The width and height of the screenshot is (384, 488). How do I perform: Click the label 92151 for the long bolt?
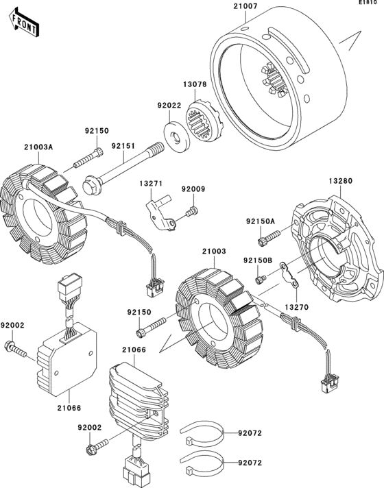[x=123, y=146]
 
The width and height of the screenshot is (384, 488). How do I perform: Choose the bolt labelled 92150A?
[x=269, y=238]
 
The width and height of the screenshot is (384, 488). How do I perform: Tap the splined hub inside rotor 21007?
[x=273, y=79]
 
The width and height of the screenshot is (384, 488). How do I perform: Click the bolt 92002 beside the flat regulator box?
[x=14, y=350]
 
